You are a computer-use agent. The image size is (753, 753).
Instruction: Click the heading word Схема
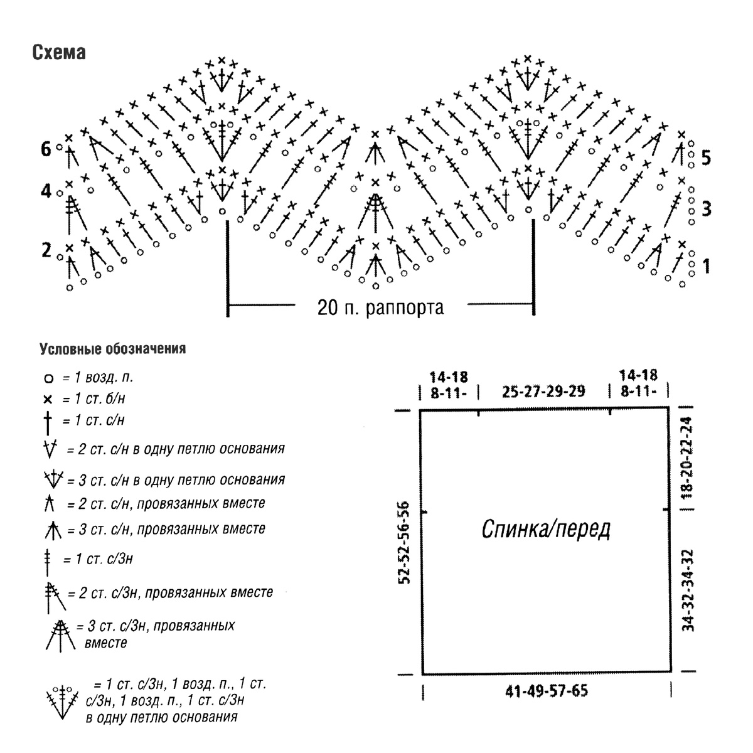[59, 52]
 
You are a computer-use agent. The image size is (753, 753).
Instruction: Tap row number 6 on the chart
[46, 149]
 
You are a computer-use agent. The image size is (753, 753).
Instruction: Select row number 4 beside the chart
[46, 191]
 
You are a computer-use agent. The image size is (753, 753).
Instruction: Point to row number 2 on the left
[46, 250]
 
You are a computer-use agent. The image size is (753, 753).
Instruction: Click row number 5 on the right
[706, 158]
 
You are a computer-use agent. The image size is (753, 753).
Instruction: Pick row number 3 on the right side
[706, 209]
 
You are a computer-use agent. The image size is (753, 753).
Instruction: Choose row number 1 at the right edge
[706, 266]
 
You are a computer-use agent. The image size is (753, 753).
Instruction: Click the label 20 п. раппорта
[380, 307]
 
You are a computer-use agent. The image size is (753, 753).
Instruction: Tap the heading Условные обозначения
[112, 348]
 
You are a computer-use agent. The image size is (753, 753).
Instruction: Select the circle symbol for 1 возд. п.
[48, 378]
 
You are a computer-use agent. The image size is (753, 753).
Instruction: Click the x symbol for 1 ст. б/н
[48, 399]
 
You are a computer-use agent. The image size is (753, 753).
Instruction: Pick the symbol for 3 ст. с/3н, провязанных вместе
[60, 636]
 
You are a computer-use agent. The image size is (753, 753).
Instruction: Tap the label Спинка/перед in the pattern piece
[545, 530]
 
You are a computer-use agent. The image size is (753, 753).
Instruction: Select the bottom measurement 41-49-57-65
[547, 692]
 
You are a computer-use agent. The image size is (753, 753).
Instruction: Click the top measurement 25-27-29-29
[543, 391]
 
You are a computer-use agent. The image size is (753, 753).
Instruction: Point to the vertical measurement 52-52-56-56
[405, 543]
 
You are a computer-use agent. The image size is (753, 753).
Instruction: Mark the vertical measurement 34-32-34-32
[688, 590]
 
